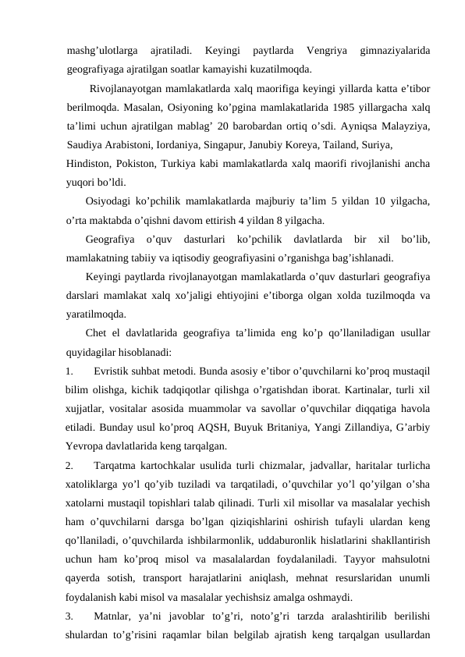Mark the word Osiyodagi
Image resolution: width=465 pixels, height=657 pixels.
(x=109, y=201)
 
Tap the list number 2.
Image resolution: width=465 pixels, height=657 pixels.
(x=70, y=466)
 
